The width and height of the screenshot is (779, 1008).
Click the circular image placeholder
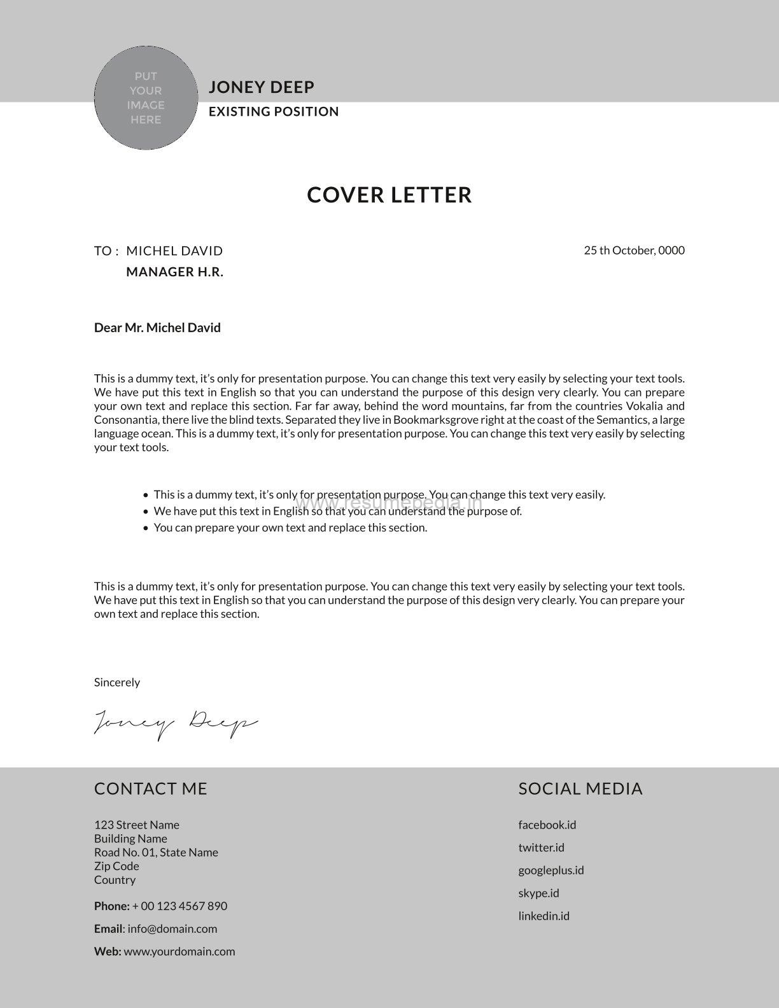pos(146,98)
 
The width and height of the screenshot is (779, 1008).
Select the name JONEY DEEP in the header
pos(262,87)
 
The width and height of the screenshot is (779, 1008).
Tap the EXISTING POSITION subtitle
pos(274,112)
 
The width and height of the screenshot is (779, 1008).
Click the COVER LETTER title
pos(389,195)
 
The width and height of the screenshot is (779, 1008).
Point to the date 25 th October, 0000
pos(634,250)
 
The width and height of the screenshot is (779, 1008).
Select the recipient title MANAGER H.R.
pos(175,272)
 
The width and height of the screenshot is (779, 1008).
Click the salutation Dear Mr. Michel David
pos(157,328)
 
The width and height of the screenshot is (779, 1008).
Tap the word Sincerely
pos(117,682)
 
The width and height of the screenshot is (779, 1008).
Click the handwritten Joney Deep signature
pos(176,724)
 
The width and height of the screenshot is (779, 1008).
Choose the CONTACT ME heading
pos(151,789)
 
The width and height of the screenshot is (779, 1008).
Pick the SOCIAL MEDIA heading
pos(580,789)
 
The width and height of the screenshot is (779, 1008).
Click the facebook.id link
pos(547,825)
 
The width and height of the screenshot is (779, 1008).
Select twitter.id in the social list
pos(541,848)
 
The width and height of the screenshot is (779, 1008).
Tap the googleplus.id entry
pos(551,870)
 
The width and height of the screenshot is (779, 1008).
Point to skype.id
pos(538,893)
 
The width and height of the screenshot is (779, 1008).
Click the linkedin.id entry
pos(544,916)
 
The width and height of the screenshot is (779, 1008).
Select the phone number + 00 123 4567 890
pos(179,906)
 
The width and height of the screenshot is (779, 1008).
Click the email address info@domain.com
pos(172,929)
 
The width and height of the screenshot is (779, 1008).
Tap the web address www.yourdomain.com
pos(179,952)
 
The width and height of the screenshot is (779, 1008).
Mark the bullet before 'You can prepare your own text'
pos(146,528)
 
